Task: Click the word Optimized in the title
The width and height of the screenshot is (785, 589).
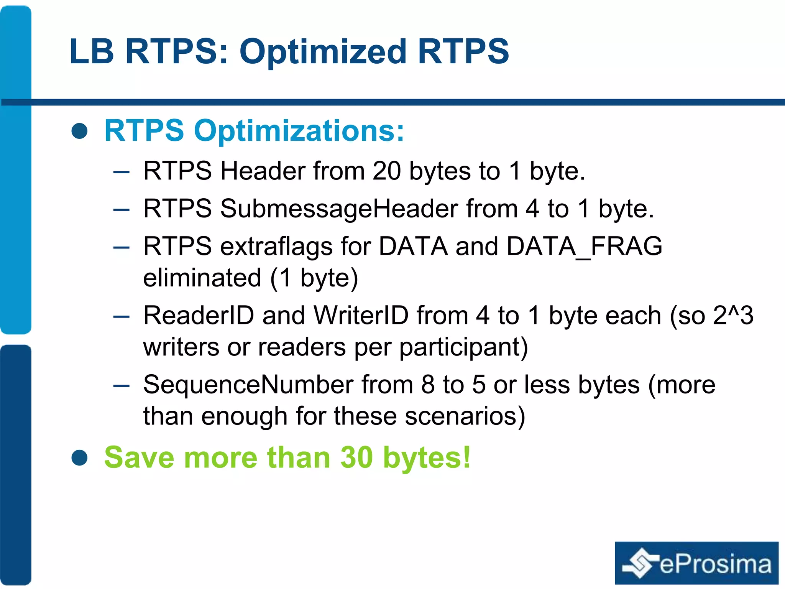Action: pos(323,52)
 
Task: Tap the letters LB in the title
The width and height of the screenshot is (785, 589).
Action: pos(92,52)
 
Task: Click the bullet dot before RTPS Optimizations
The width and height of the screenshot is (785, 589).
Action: pos(80,131)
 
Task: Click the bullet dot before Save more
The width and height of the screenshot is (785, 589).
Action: pos(80,457)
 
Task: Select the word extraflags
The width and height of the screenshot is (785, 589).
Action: pos(276,247)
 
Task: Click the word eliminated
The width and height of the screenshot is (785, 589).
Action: pos(202,278)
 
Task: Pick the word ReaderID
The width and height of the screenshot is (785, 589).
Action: pos(199,316)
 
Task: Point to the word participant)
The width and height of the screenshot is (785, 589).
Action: pos(464,347)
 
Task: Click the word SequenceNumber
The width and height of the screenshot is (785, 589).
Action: pos(248,385)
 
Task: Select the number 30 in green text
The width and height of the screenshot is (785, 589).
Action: pos(356,457)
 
